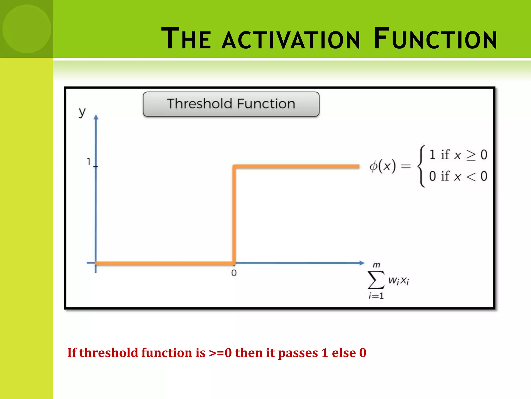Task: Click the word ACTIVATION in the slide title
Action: pos(291,39)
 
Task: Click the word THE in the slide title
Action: pos(186,39)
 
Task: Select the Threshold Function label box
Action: pos(231,104)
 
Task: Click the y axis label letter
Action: pos(82,112)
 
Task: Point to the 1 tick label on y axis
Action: pos(89,162)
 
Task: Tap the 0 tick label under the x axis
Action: pos(234,273)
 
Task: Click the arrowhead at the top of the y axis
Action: pos(96,117)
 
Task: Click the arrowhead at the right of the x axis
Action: pos(362,263)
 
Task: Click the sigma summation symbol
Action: pos(376,280)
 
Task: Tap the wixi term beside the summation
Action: pos(399,281)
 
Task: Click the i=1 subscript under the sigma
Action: pos(376,296)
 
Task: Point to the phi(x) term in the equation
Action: pos(383,166)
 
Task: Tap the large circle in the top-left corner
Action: pos(27,29)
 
